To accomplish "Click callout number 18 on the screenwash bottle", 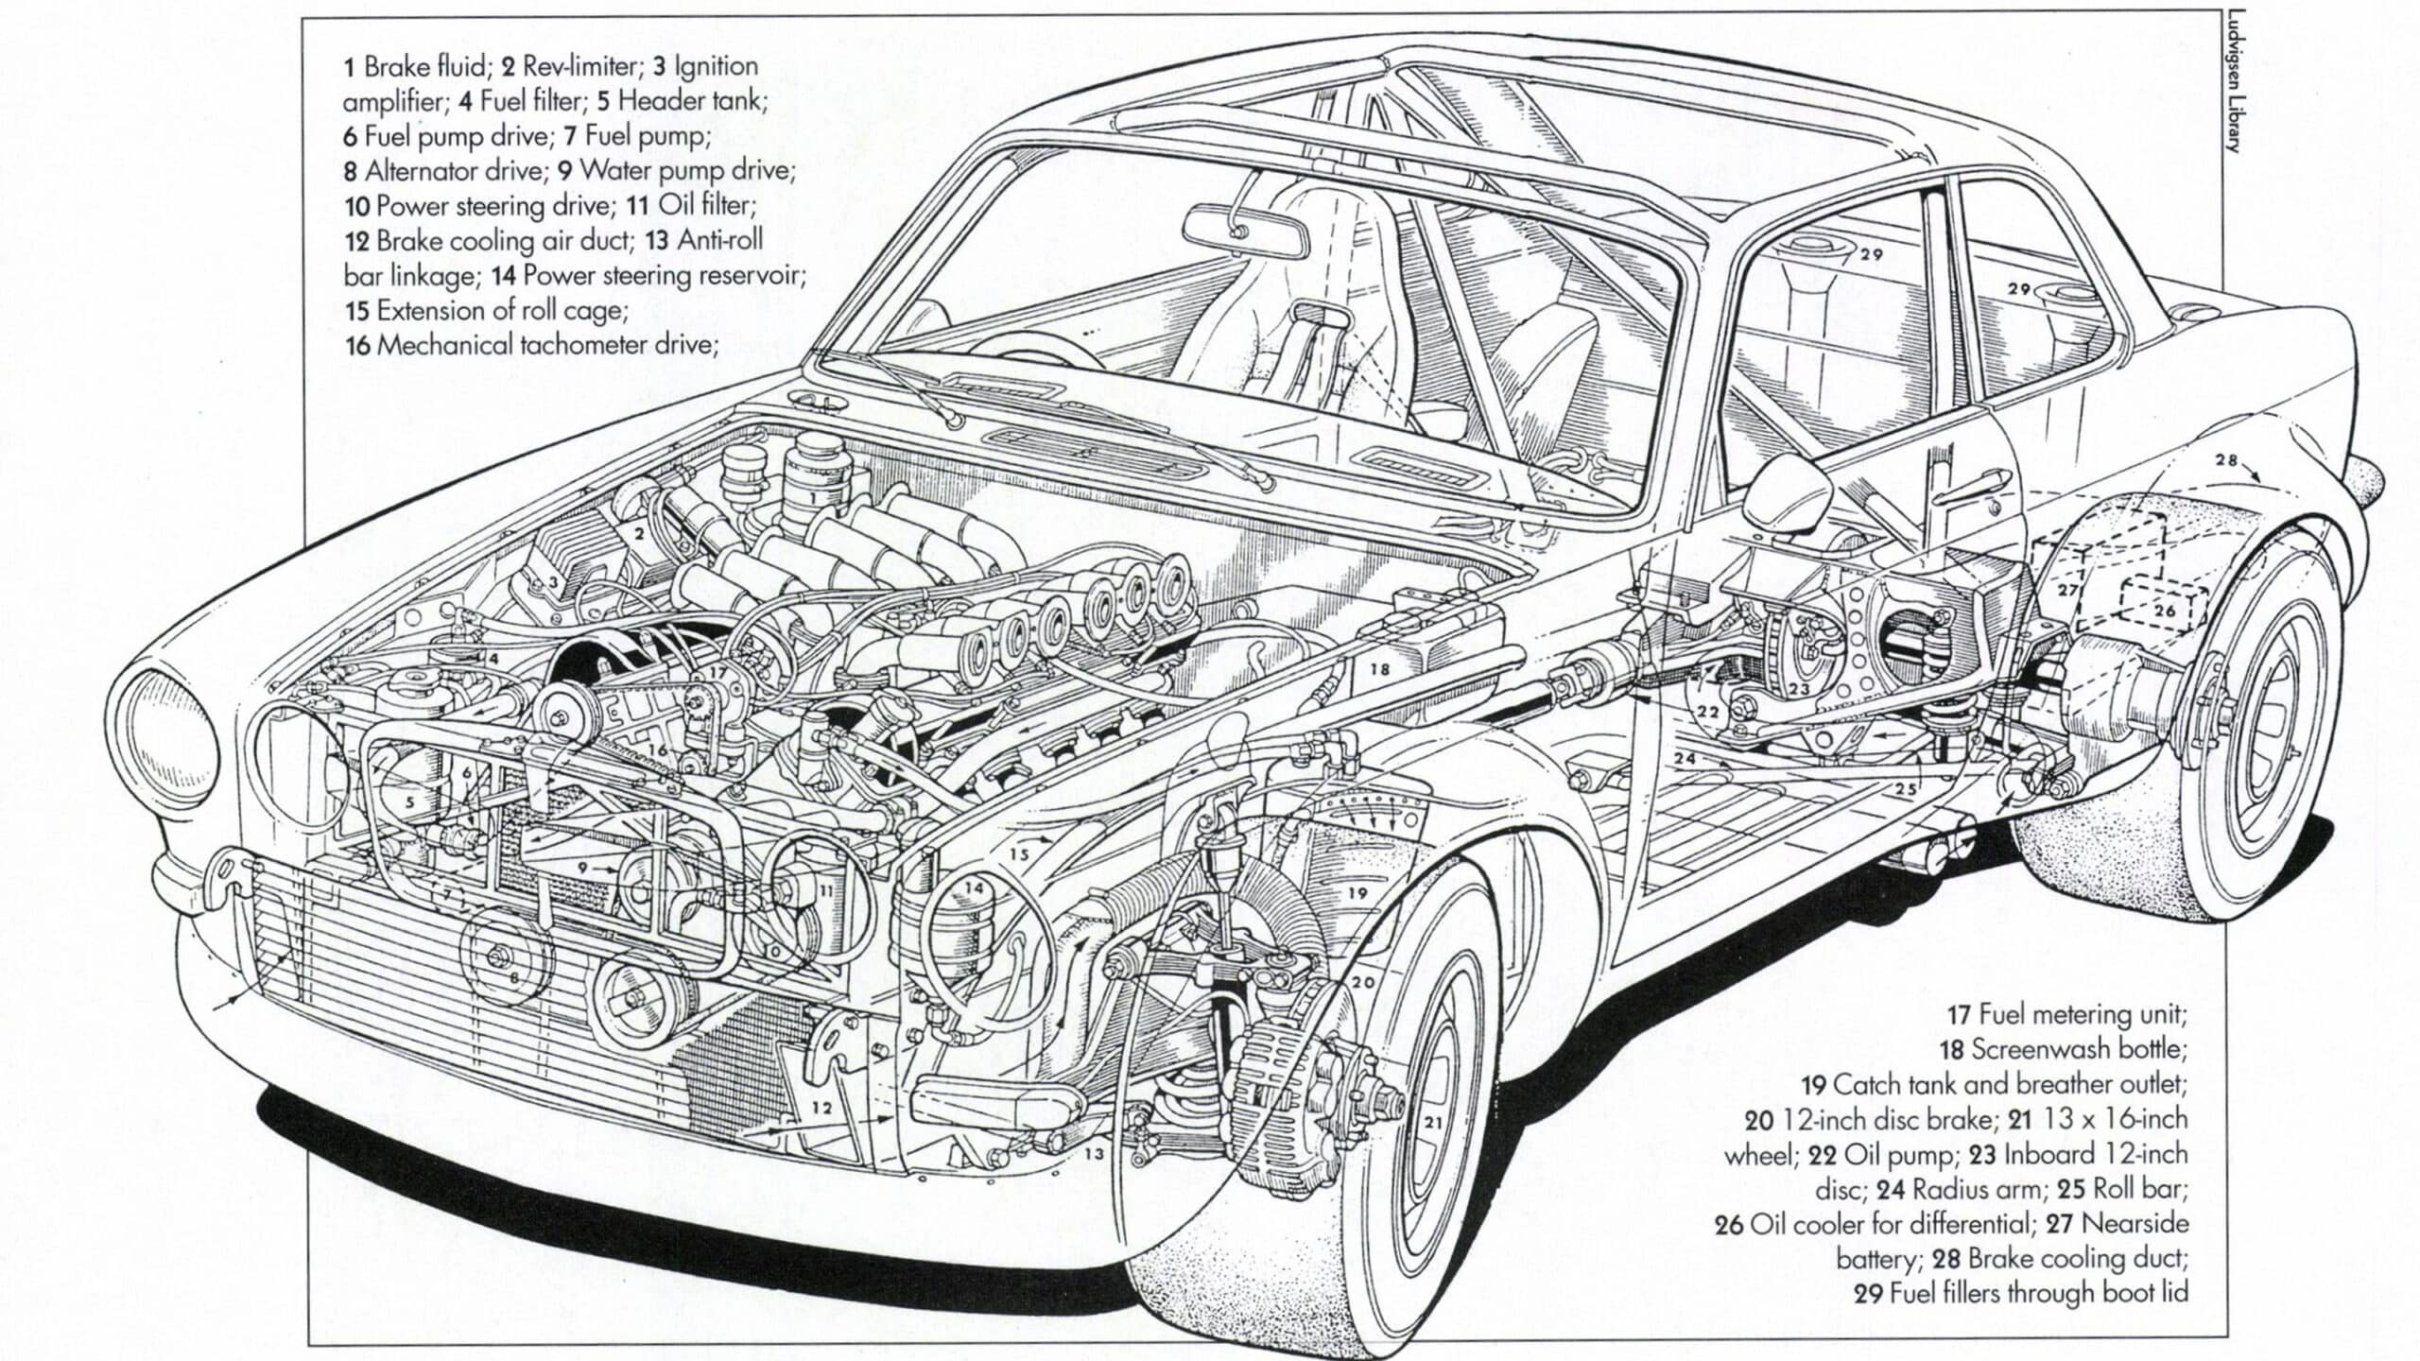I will [1379, 669].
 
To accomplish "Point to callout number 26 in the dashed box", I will [2165, 611].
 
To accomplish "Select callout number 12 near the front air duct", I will [821, 1107].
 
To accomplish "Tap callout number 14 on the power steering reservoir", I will [974, 888].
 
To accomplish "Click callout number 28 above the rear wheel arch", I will [2226, 460].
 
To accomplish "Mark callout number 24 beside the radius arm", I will [1685, 758].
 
